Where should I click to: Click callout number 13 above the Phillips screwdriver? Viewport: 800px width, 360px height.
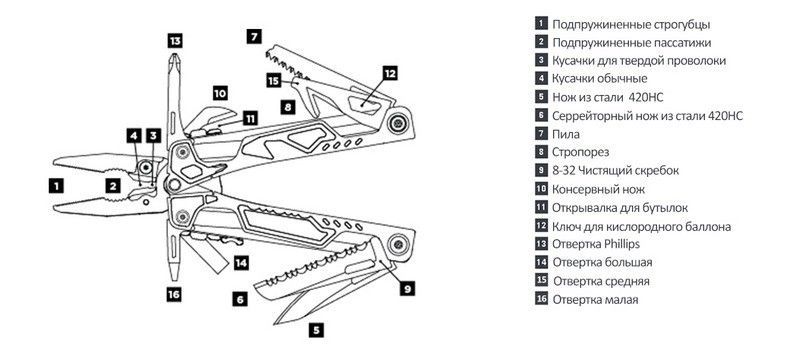175,40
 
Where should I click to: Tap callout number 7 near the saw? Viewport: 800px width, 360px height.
254,37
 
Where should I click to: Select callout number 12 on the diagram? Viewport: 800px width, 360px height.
390,73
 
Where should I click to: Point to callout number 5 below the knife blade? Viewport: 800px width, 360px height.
316,330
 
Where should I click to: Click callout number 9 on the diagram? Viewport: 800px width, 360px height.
407,289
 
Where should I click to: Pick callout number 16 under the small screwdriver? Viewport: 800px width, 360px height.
174,294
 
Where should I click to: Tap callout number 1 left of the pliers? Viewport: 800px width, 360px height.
56,186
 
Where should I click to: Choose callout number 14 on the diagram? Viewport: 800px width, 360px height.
241,263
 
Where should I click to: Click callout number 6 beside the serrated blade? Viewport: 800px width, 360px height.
240,299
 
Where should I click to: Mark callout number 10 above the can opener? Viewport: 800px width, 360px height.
220,93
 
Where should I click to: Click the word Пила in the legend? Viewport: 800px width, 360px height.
566,135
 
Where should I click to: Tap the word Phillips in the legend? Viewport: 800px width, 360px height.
621,244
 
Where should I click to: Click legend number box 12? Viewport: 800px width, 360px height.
541,226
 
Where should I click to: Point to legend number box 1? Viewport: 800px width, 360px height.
541,23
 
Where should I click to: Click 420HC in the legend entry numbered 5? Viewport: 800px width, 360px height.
646,97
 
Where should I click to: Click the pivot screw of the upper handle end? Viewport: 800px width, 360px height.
397,123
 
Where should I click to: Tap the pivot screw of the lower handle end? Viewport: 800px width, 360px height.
397,244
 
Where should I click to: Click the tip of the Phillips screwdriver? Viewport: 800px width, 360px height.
174,53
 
